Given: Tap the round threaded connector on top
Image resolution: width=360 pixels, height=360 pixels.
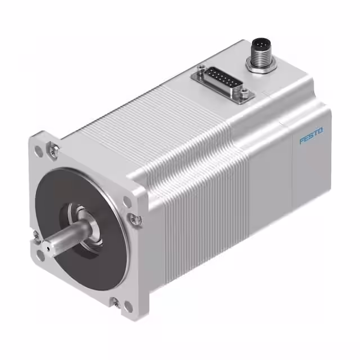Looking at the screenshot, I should coord(259,47).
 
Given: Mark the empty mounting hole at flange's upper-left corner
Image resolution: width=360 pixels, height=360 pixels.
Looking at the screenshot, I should coord(38,151).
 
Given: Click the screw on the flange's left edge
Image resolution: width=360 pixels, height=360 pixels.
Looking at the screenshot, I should coord(35,233).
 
